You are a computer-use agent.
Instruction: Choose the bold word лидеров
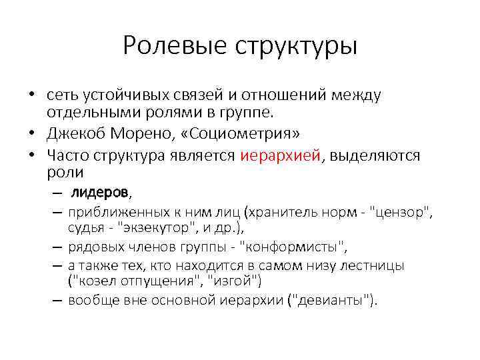coord(100,193)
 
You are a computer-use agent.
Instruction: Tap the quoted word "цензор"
coord(401,213)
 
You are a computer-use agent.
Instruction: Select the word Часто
coord(68,156)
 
